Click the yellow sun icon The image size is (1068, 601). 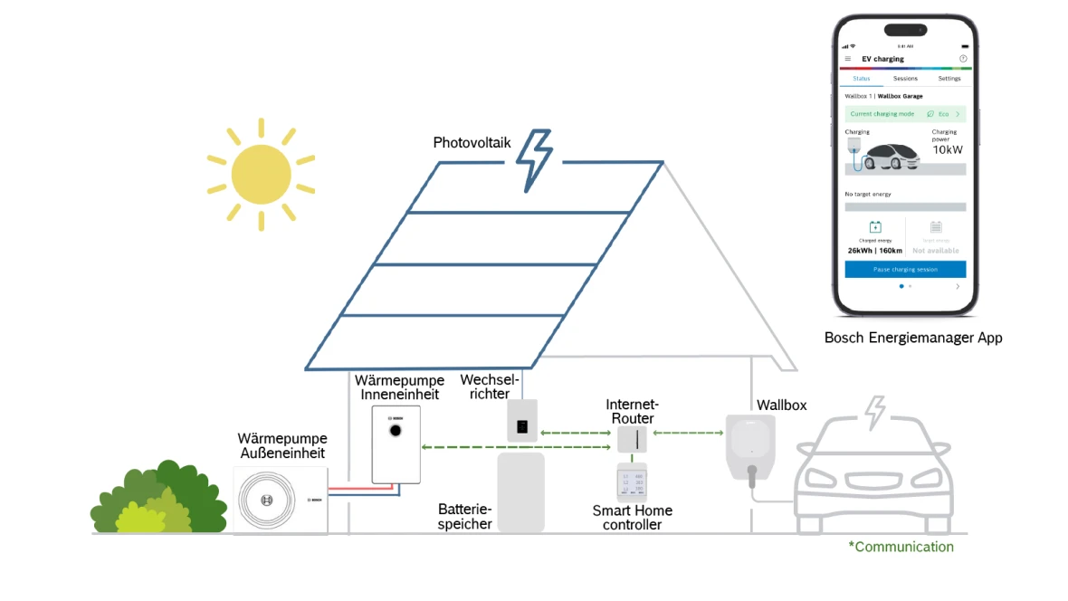click(261, 173)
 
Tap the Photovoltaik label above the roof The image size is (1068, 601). click(472, 143)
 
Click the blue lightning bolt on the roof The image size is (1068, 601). click(533, 160)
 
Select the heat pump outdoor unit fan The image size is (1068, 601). click(266, 500)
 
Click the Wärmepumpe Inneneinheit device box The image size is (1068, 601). click(396, 444)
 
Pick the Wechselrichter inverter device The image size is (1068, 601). click(522, 421)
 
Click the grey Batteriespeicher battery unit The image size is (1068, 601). click(521, 492)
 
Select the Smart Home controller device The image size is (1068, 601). click(633, 483)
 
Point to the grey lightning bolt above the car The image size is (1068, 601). click(875, 413)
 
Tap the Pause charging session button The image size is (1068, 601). click(905, 270)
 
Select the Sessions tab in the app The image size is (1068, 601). click(905, 79)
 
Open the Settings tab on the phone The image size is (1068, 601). click(949, 79)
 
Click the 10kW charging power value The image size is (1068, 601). click(948, 149)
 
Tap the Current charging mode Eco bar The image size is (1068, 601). click(905, 114)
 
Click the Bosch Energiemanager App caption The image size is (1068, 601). click(912, 338)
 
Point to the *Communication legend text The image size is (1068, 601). click(901, 547)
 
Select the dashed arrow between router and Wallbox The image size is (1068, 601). click(688, 433)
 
